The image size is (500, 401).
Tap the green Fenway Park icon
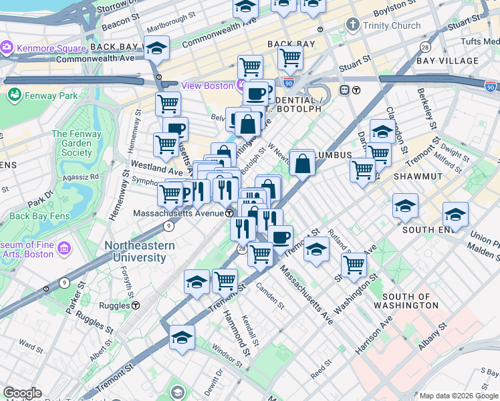tap(14, 96)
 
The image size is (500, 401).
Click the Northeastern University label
tap(140, 251)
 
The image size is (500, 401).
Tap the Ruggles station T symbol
tap(136, 305)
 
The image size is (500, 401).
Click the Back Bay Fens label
tap(38, 216)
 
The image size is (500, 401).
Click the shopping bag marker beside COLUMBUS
tap(302, 163)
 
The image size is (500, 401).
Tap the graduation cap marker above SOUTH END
tap(455, 215)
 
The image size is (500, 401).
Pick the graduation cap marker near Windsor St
tap(182, 338)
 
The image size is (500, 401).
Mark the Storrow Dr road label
tap(116, 7)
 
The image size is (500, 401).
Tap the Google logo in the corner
tap(22, 393)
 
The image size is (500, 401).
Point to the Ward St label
tap(31, 346)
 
